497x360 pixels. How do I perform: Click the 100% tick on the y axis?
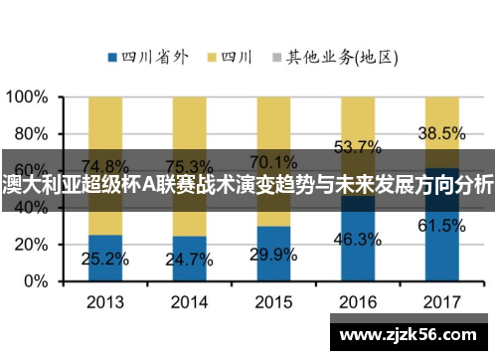[x=29, y=97]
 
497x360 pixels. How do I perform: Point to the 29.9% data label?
[x=273, y=255]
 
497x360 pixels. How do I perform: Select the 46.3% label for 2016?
[x=358, y=239]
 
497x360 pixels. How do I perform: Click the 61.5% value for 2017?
[x=441, y=226]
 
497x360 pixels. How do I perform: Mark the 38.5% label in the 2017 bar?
[x=441, y=132]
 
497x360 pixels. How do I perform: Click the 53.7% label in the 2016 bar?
[x=358, y=147]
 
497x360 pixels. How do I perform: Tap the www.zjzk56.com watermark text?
[x=411, y=335]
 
